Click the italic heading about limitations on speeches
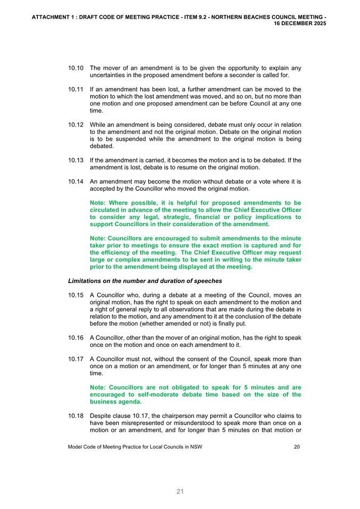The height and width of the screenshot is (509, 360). pos(145,280)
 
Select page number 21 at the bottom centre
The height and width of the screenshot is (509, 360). pos(180,492)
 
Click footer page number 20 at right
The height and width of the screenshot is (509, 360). pos(297,447)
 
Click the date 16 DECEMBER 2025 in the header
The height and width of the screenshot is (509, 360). pos(301,24)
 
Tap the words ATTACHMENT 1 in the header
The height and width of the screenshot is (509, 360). pos(54,17)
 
